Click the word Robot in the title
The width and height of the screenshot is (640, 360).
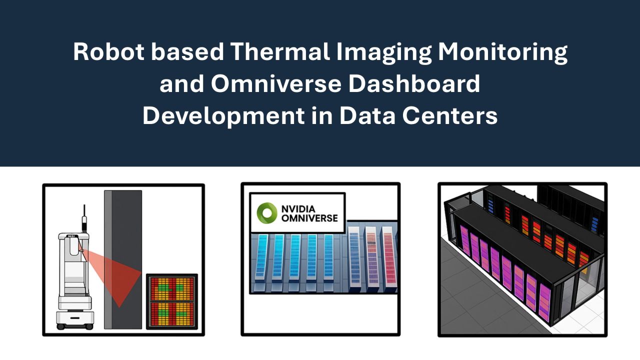pyautogui.click(x=106, y=52)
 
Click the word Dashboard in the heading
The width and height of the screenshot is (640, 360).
pyautogui.click(x=414, y=84)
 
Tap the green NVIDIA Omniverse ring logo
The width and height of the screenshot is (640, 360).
pyautogui.click(x=267, y=212)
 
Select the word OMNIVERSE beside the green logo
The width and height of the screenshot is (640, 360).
pyautogui.click(x=309, y=218)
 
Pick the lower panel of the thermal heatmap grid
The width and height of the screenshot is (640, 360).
pyautogui.click(x=172, y=313)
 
